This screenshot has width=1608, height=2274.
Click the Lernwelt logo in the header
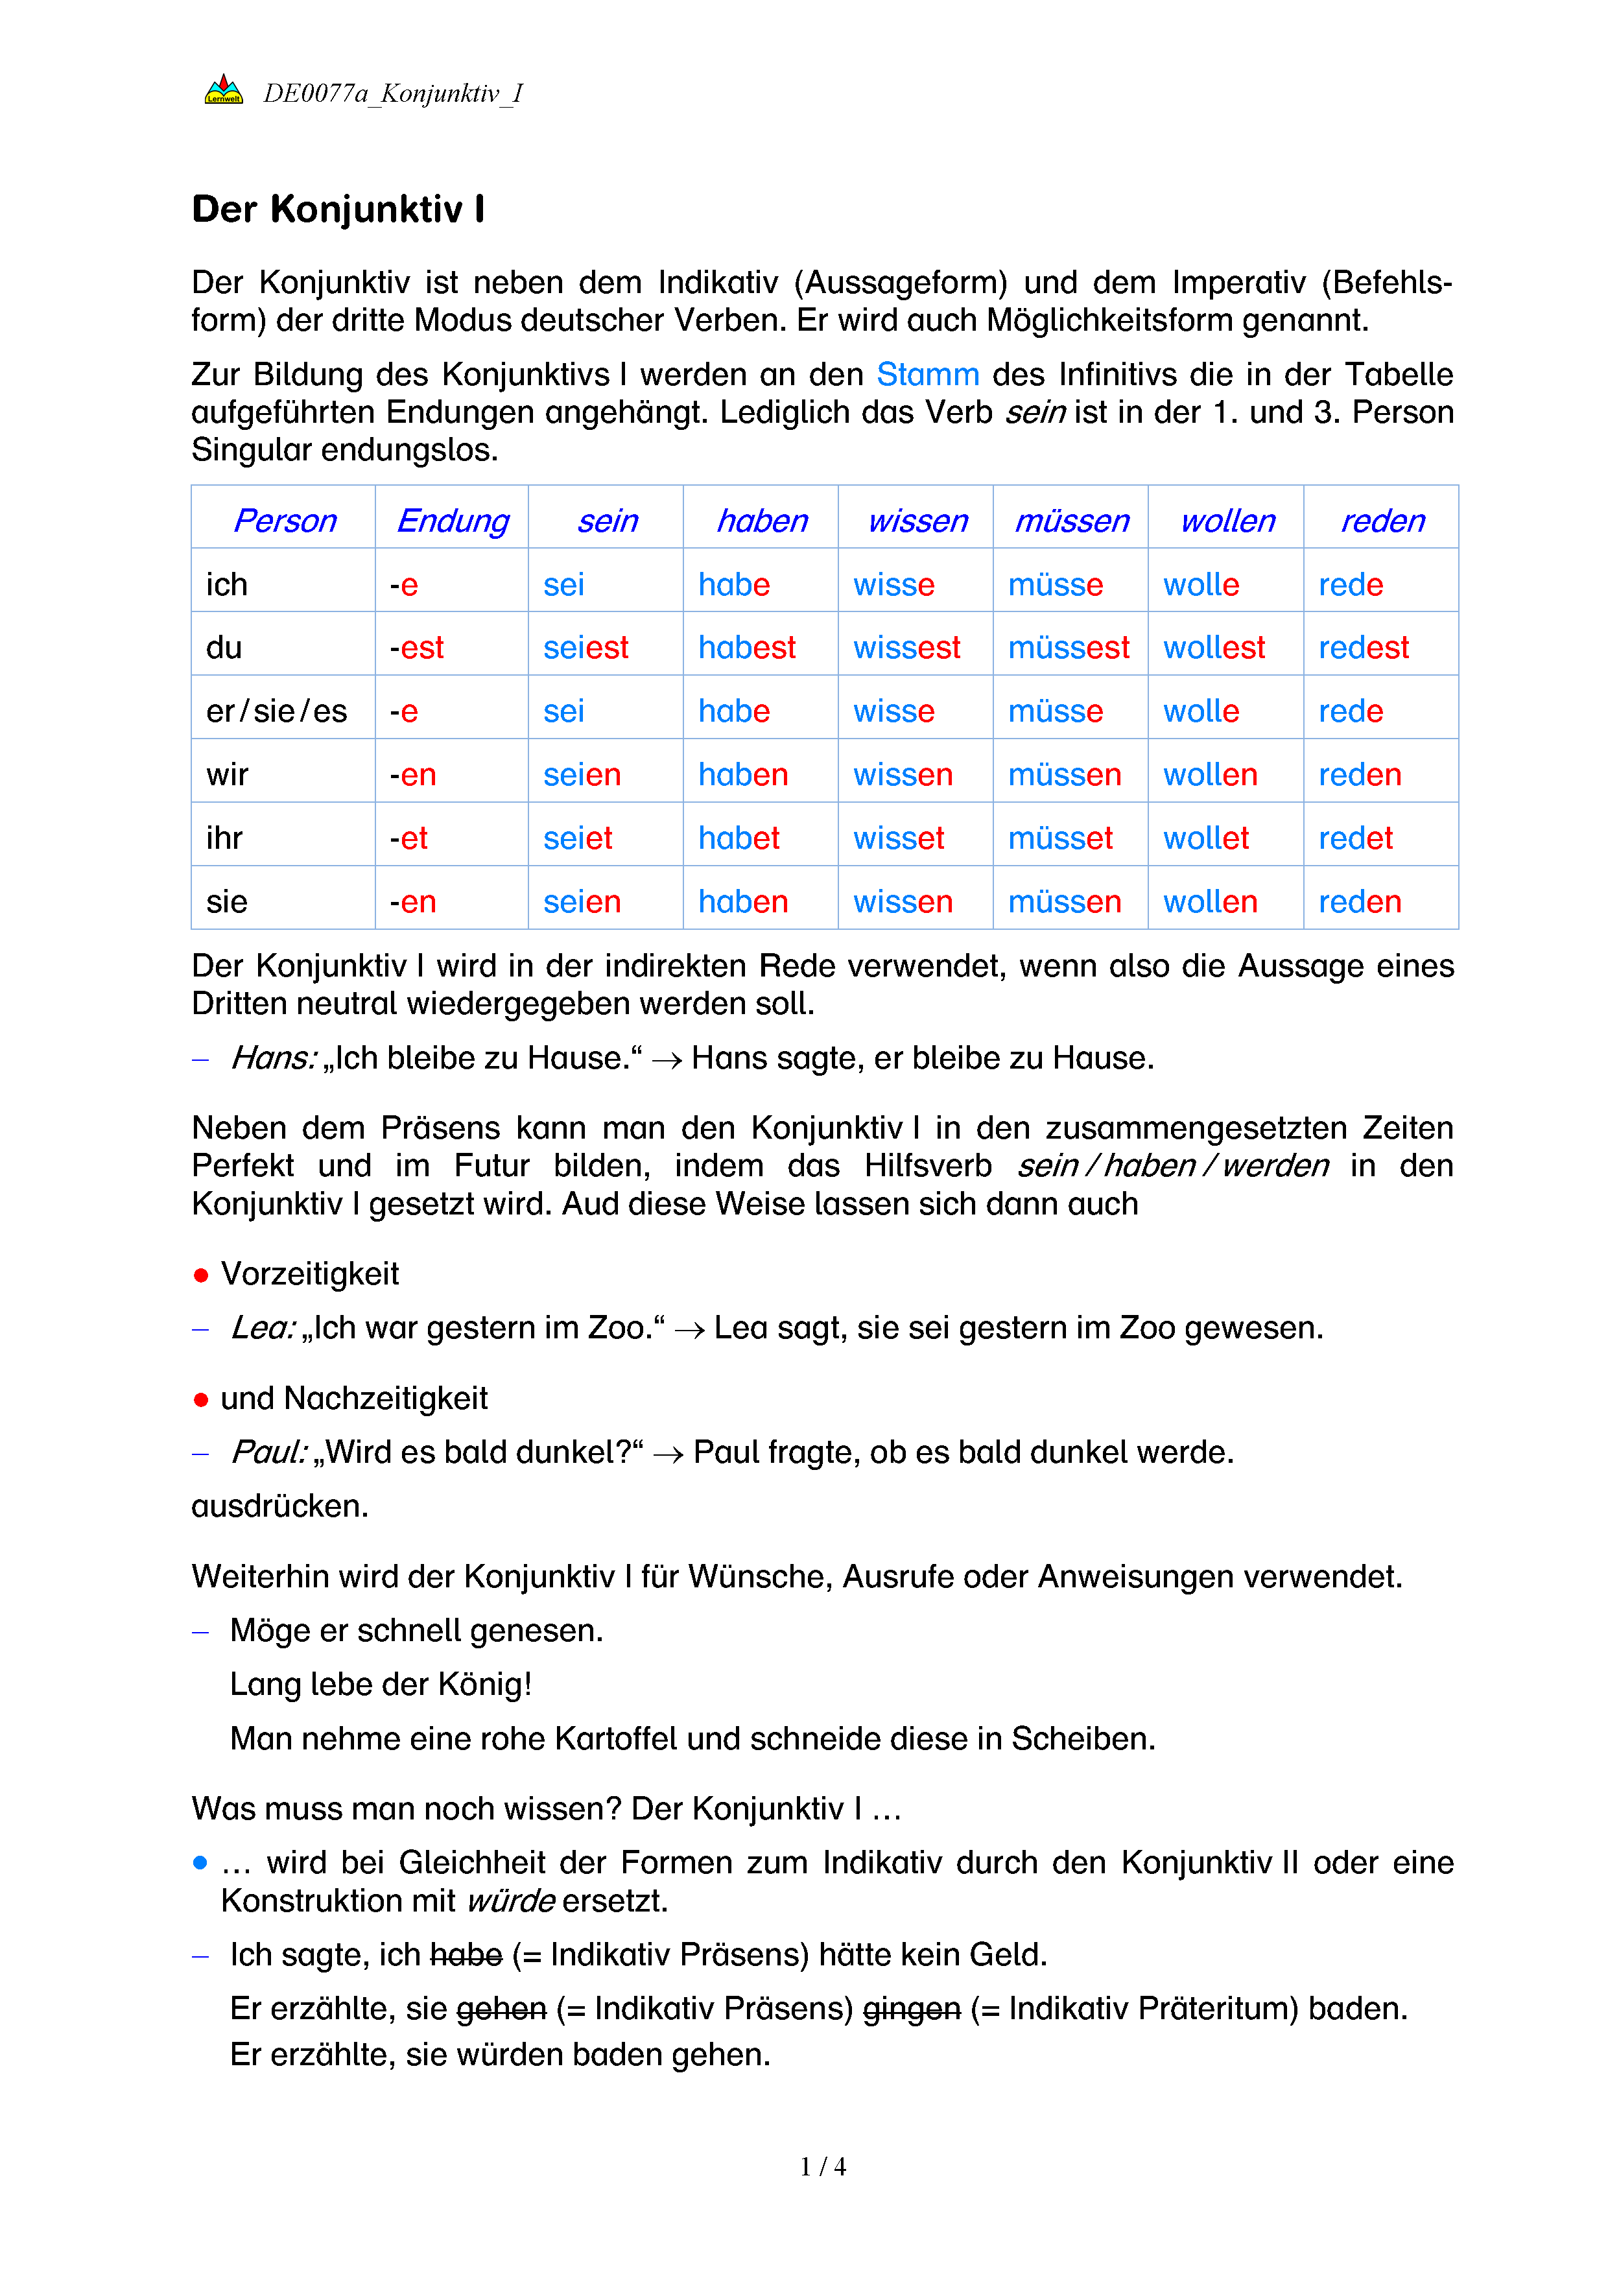224,91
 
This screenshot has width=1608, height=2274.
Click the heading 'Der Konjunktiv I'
338,210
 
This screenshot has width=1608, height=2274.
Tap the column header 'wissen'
917,521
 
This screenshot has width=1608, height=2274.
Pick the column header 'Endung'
453,521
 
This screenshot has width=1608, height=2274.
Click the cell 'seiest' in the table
585,648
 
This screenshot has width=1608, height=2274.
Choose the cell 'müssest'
1069,648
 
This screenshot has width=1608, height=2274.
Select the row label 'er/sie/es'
276,711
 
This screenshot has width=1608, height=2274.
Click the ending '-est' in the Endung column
417,648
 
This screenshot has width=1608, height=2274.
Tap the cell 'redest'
1362,648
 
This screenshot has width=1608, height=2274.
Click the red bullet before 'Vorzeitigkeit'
201,1275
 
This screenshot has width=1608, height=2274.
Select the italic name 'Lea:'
263,1328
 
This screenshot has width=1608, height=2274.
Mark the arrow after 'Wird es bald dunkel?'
668,1454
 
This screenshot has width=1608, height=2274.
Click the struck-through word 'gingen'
911,2009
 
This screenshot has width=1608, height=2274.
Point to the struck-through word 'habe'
466,1955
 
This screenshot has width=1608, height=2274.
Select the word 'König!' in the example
488,1685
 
